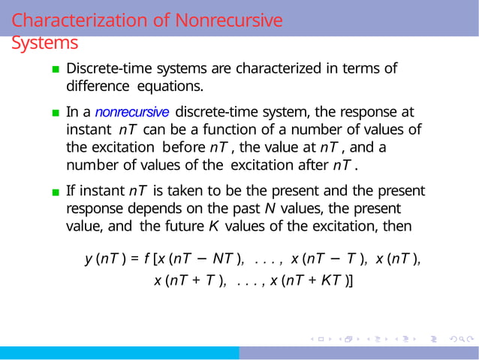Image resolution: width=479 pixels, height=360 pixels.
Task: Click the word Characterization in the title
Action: [80, 20]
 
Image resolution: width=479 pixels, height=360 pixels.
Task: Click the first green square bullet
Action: [56, 70]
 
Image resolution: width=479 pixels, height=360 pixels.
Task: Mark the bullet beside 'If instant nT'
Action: [56, 192]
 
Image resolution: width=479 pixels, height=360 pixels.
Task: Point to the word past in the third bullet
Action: [238, 207]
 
